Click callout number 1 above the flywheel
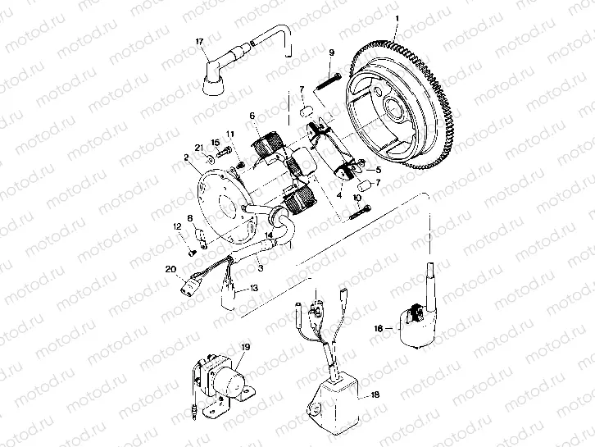(397, 18)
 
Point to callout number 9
(331, 53)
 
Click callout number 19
(244, 348)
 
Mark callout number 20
(170, 269)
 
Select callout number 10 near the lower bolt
(357, 198)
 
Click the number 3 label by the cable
(259, 267)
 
